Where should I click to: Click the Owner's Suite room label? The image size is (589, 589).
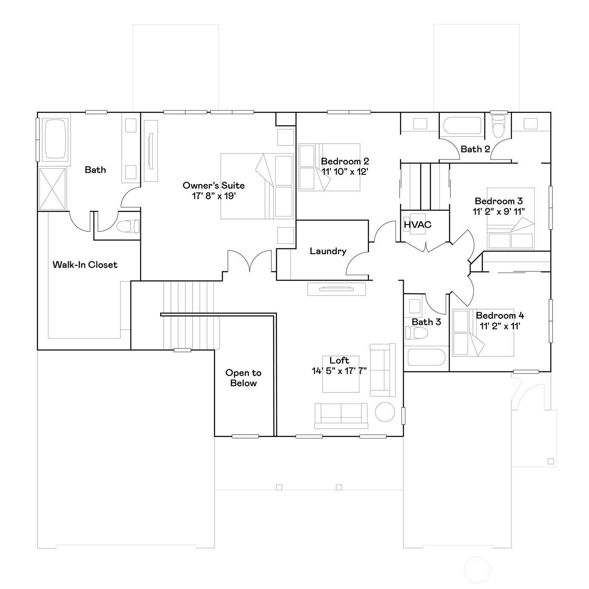point(213,185)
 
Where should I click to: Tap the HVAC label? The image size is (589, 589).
point(418,225)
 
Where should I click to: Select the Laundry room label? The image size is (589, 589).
point(328,251)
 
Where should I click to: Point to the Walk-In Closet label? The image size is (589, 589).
point(85,265)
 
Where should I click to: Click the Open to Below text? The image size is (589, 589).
point(243,378)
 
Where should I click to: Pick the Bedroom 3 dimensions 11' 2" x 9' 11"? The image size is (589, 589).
point(499,211)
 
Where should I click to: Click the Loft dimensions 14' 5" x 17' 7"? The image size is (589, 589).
point(339,371)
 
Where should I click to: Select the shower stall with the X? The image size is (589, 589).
point(52,188)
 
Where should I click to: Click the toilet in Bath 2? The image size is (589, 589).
point(499,125)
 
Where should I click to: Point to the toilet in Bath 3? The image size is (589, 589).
point(416,333)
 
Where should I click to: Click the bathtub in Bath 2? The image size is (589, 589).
point(462,125)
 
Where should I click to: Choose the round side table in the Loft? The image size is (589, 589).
point(385,412)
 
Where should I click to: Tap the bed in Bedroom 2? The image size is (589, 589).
point(329,167)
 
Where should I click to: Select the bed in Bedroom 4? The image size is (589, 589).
point(483,333)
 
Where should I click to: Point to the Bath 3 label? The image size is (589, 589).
point(426,322)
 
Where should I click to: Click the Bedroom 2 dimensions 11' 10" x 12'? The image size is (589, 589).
point(345,172)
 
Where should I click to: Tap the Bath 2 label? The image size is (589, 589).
point(475,149)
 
